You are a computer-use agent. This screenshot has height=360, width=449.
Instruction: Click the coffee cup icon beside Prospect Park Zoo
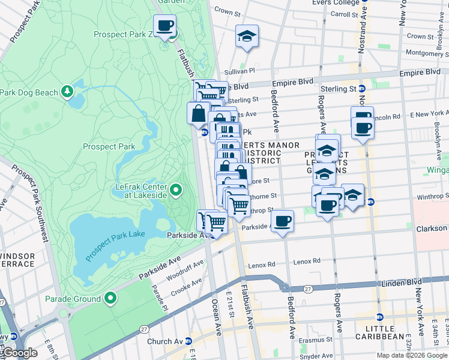coord(165,26)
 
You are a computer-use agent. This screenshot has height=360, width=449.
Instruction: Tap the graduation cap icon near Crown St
coord(247,37)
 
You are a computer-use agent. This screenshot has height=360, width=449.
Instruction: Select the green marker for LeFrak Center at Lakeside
coord(175,191)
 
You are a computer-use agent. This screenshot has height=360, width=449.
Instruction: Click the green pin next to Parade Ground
coord(110,298)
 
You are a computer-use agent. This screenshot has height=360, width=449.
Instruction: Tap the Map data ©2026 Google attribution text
coord(411,355)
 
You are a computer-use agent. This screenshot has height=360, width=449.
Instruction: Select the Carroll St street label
coord(344,14)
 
